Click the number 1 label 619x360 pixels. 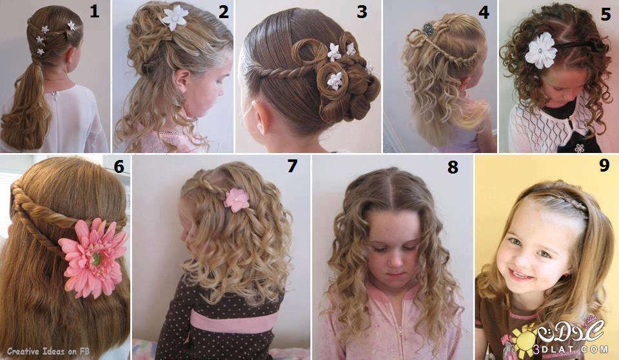pyautogui.click(x=94, y=11)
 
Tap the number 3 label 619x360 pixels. pyautogui.click(x=362, y=11)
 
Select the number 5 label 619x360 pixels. pyautogui.click(x=606, y=14)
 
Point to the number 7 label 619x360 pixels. pyautogui.click(x=291, y=166)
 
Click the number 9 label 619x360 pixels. pyautogui.click(x=604, y=165)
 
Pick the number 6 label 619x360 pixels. pyautogui.click(x=119, y=166)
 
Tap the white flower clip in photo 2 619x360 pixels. pyautogui.click(x=174, y=17)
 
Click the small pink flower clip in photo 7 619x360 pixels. pyautogui.click(x=237, y=200)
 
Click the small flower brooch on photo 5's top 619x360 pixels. pyautogui.click(x=579, y=148)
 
